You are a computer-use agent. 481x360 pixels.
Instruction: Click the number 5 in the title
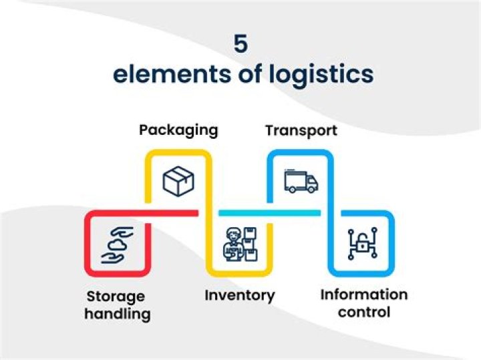click(x=240, y=44)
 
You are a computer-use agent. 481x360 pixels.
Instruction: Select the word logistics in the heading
click(x=321, y=75)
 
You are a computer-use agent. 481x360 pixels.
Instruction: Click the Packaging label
click(x=178, y=131)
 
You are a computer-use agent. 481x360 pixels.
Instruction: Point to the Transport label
click(x=301, y=131)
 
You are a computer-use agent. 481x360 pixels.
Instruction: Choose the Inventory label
click(x=240, y=296)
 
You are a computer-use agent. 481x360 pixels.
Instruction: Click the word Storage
click(x=116, y=297)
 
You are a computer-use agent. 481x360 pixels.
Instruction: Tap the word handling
click(x=118, y=314)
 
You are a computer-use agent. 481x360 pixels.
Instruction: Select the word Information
click(x=364, y=295)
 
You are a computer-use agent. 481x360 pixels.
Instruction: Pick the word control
click(x=364, y=312)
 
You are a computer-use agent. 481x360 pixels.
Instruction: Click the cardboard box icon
click(x=178, y=181)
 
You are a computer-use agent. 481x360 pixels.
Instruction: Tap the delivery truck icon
click(x=301, y=181)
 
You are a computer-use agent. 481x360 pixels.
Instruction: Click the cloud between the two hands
click(x=116, y=245)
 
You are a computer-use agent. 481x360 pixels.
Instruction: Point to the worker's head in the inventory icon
click(x=233, y=235)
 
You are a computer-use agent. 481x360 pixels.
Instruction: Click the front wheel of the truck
click(x=311, y=189)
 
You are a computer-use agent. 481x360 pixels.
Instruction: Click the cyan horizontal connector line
click(x=270, y=213)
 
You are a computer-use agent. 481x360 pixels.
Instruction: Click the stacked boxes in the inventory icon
click(x=251, y=244)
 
